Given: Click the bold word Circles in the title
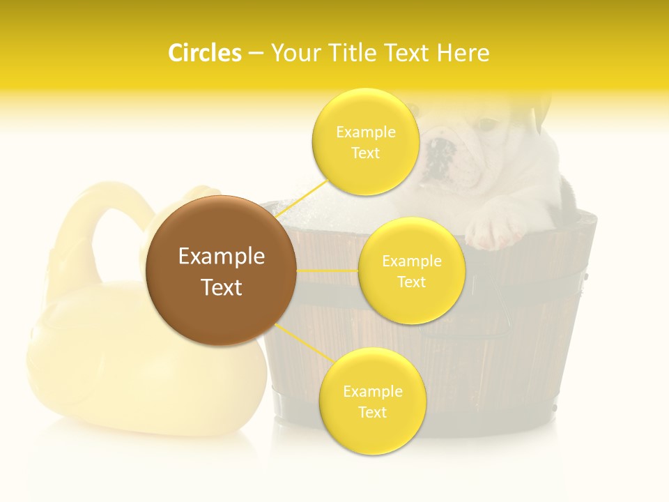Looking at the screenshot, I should (x=204, y=53).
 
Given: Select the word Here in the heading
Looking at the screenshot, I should (x=463, y=53).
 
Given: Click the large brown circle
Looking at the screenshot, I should (x=221, y=271).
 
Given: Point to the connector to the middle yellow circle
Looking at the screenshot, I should (x=327, y=271).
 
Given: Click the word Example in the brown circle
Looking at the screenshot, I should (x=221, y=257).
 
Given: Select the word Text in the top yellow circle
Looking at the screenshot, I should (x=365, y=153).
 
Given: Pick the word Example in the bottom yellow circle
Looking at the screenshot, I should (x=372, y=391).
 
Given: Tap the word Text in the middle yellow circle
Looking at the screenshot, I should (x=411, y=282).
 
